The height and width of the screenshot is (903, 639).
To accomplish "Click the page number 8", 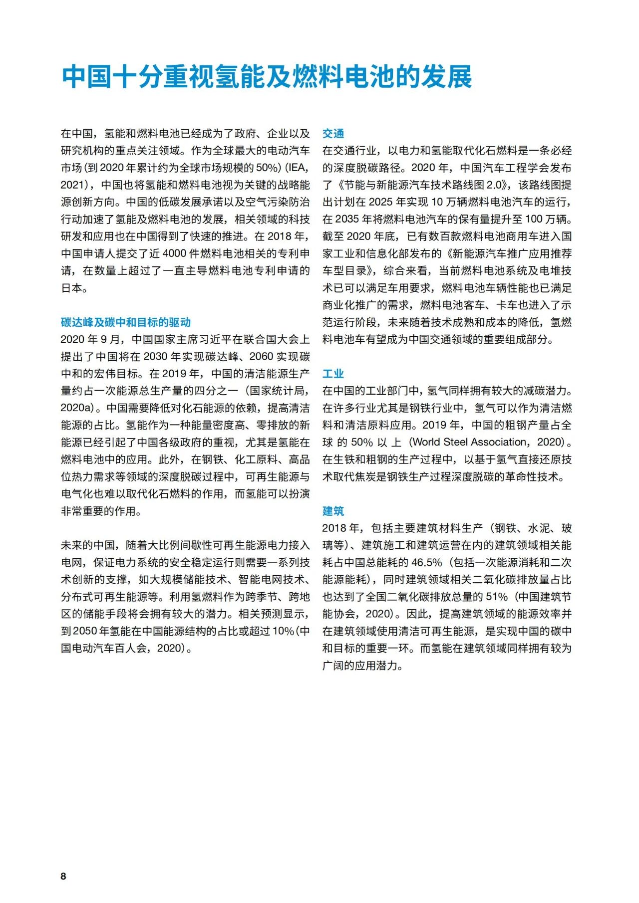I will pyautogui.click(x=63, y=876).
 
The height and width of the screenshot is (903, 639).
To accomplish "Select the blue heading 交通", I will pyautogui.click(x=333, y=134).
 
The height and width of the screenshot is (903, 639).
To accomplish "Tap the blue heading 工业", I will pyautogui.click(x=333, y=374).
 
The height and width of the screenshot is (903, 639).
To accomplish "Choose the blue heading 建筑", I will pyautogui.click(x=333, y=511).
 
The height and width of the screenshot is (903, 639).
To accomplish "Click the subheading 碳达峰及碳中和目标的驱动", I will pyautogui.click(x=126, y=322).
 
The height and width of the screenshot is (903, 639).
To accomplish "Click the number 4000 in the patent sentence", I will pyautogui.click(x=174, y=253).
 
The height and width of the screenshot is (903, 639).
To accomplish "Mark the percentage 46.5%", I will pyautogui.click(x=427, y=563).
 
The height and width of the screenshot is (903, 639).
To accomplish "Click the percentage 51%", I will pyautogui.click(x=496, y=597).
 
